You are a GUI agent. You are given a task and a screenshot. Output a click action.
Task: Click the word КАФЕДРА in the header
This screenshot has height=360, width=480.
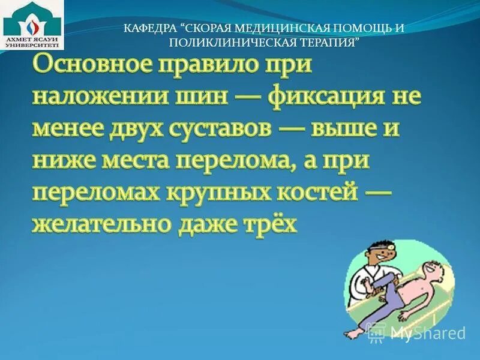151,28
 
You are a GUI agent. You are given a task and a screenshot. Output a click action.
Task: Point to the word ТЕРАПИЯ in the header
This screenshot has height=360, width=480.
328,43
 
